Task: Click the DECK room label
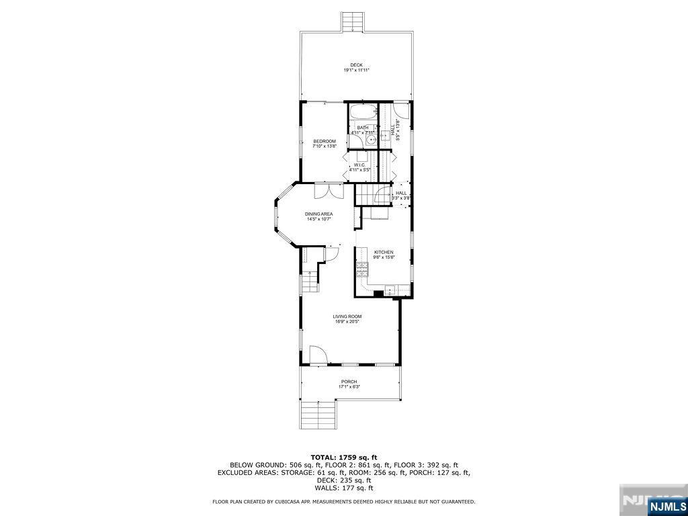pos(357,65)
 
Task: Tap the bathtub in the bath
pos(363,112)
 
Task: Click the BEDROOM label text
pos(325,141)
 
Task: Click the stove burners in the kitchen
pos(361,270)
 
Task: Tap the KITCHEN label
pos(384,252)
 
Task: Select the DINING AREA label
pos(319,214)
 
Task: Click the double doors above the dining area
pos(329,190)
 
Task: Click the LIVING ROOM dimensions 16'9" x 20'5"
pos(347,322)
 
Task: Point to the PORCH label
pos(349,382)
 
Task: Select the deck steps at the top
pos(353,22)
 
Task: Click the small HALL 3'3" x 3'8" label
pos(401,193)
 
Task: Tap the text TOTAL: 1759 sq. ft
pos(343,457)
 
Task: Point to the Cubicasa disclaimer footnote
pos(343,501)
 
